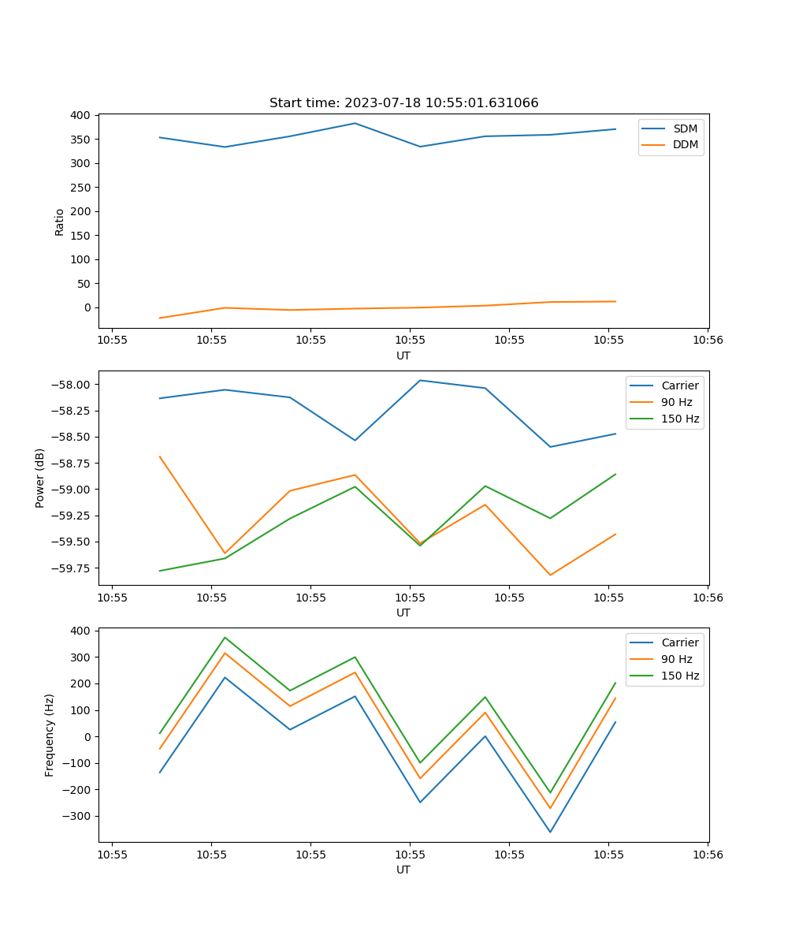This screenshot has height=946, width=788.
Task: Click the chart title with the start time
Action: point(403,103)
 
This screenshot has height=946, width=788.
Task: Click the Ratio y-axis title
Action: point(59,222)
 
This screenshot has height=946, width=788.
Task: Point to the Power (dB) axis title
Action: point(40,478)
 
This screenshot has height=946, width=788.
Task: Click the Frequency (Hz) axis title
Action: point(50,735)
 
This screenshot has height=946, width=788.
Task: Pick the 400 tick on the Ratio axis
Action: point(80,115)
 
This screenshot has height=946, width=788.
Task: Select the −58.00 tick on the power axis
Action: point(69,385)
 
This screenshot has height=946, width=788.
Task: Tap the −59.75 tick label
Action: point(69,568)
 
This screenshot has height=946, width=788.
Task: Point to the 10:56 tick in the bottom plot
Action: point(707,855)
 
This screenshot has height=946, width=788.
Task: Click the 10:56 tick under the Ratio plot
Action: point(707,341)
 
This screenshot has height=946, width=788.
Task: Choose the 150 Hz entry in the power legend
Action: point(680,419)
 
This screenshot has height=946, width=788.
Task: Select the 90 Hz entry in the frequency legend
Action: point(677,659)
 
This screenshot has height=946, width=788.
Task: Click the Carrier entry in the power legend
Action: point(679,385)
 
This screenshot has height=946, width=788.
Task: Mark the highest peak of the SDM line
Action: point(355,123)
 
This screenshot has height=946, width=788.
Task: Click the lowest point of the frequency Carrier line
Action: point(550,832)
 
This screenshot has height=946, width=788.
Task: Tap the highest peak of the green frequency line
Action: point(225,638)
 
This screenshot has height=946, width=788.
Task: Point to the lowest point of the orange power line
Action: point(550,575)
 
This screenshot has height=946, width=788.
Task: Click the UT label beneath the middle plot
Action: point(403,613)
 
